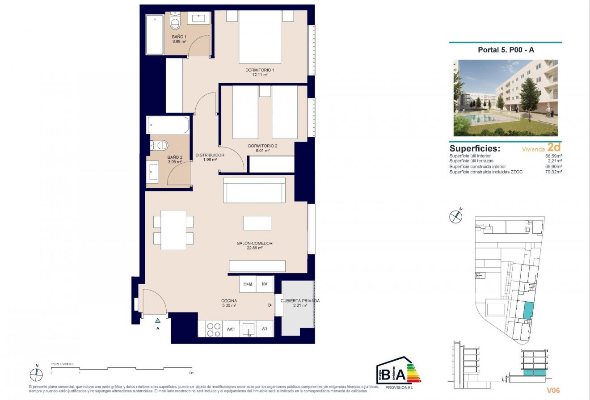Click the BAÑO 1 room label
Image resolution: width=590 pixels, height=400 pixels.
point(179,37)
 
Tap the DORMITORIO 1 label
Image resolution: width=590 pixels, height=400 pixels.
point(260,70)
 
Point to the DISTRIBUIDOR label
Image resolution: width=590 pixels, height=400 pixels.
point(210,155)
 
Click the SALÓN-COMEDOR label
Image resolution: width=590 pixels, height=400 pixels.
point(255,243)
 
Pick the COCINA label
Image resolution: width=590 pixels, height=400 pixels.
point(229,301)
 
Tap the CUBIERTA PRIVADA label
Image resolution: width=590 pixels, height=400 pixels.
point(299,301)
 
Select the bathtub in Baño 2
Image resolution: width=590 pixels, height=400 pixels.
point(168,125)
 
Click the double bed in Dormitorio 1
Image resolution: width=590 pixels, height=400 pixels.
point(260,37)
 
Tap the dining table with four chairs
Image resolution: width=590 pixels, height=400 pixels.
point(173,230)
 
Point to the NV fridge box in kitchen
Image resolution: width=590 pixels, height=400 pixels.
point(265,284)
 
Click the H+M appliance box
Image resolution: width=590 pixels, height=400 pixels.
point(248,284)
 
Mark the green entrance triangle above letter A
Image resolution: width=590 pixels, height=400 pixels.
point(157,320)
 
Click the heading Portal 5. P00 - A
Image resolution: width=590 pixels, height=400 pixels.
point(506,50)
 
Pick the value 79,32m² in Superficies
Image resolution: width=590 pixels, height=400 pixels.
point(553,172)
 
